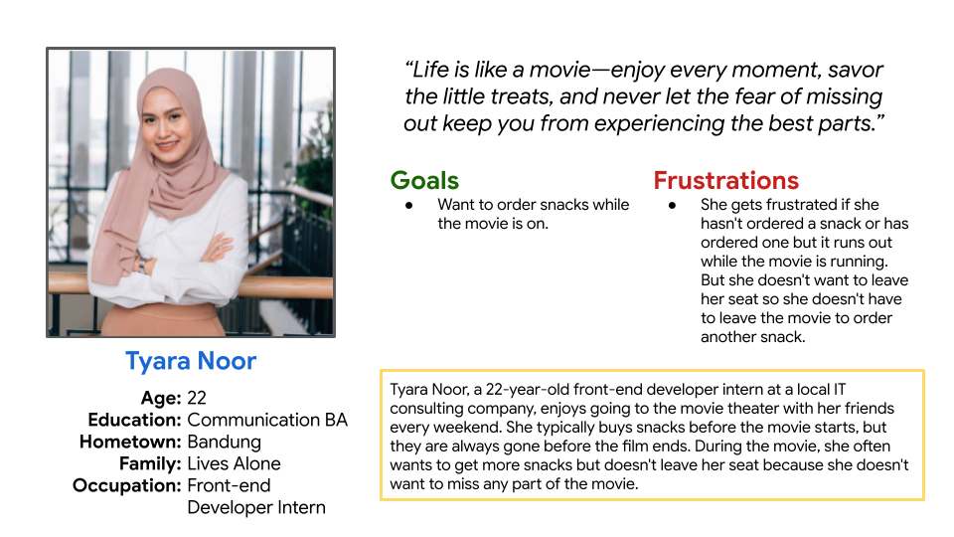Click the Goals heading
tap(424, 180)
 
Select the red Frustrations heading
tap(725, 180)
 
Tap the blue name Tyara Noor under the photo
tap(191, 361)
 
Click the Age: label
tap(161, 398)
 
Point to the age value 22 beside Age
tap(197, 398)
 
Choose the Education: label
tap(134, 420)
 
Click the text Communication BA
tap(267, 420)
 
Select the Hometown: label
tap(130, 442)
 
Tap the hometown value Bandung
tap(224, 442)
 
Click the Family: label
tap(150, 464)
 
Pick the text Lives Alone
tap(234, 463)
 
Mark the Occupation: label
tap(126, 486)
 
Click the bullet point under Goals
tap(408, 206)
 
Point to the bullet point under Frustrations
tap(672, 206)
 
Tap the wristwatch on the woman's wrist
tap(143, 264)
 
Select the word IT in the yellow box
tap(839, 390)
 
